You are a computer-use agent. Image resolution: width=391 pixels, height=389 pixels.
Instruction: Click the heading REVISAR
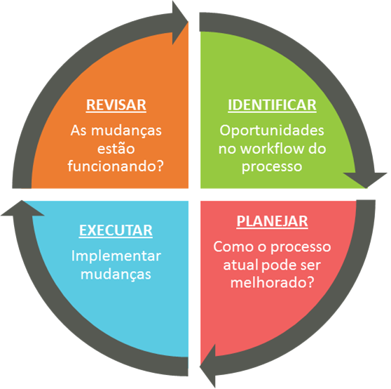tap(116, 105)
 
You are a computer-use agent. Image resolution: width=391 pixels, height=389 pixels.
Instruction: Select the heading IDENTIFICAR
tap(272, 105)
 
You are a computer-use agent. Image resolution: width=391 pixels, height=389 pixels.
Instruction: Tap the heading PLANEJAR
tap(272, 221)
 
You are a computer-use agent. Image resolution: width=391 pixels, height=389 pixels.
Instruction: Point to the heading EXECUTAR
tap(116, 230)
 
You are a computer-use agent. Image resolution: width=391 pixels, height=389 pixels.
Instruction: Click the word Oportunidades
tap(272, 131)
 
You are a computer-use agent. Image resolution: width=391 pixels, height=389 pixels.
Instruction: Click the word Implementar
tap(116, 256)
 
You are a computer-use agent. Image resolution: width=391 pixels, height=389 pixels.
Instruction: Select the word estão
tap(116, 148)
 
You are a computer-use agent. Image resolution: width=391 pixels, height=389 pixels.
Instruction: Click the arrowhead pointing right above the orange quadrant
tap(180, 23)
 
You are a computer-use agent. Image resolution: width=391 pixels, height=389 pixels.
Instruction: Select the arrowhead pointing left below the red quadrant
tap(207, 366)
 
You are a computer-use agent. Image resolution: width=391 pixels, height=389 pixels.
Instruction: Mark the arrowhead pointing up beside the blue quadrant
tap(22, 208)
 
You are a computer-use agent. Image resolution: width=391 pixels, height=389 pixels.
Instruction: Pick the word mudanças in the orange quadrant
tap(126, 131)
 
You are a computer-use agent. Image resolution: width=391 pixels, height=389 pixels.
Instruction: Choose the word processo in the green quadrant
tap(272, 167)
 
